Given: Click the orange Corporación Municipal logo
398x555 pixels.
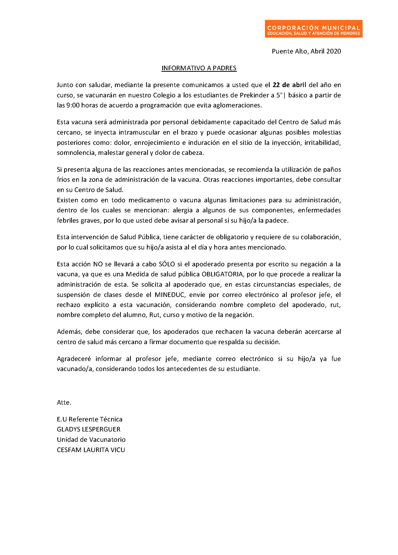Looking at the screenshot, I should tap(313, 29).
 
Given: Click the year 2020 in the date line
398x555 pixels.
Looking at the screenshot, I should tap(334, 51).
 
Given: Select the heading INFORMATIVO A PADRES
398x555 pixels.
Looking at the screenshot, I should tap(199, 68).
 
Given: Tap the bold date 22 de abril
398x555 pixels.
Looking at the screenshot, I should tap(289, 85).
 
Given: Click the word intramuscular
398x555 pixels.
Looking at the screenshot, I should tap(139, 132).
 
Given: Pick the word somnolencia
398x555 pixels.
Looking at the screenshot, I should tap(76, 153).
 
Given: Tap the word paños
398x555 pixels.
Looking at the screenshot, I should tap(332, 169).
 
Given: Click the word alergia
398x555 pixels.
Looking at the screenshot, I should tap(182, 210).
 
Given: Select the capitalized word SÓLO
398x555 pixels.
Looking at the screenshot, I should tap(167, 264).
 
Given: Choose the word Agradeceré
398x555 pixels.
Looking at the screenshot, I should tap(74, 359).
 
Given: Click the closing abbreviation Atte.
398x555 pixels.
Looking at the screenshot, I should tap(64, 402).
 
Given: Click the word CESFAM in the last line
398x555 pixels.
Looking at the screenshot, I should tap(69, 450).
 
